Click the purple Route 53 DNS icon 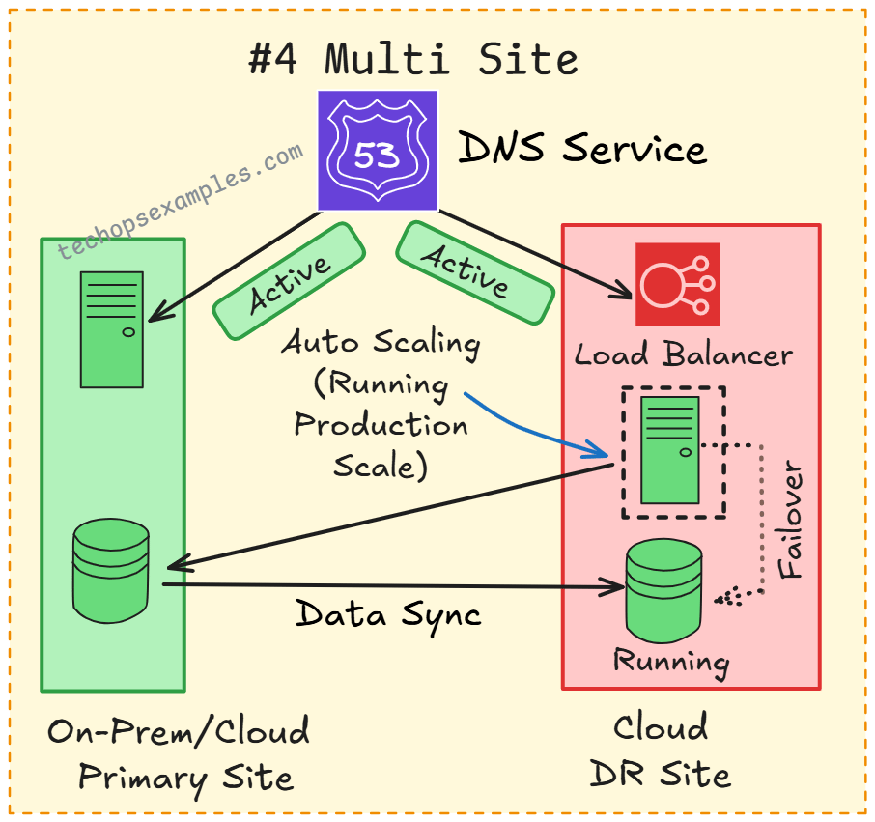[378, 150]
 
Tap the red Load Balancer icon [677, 284]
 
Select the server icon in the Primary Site [112, 329]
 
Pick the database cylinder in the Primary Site [111, 571]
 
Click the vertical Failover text [791, 522]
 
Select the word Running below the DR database [671, 662]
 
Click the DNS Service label [581, 150]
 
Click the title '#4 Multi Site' [413, 60]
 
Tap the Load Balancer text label [683, 354]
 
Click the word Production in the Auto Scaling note [381, 425]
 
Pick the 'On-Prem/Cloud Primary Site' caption [180, 753]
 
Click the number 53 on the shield [377, 155]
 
